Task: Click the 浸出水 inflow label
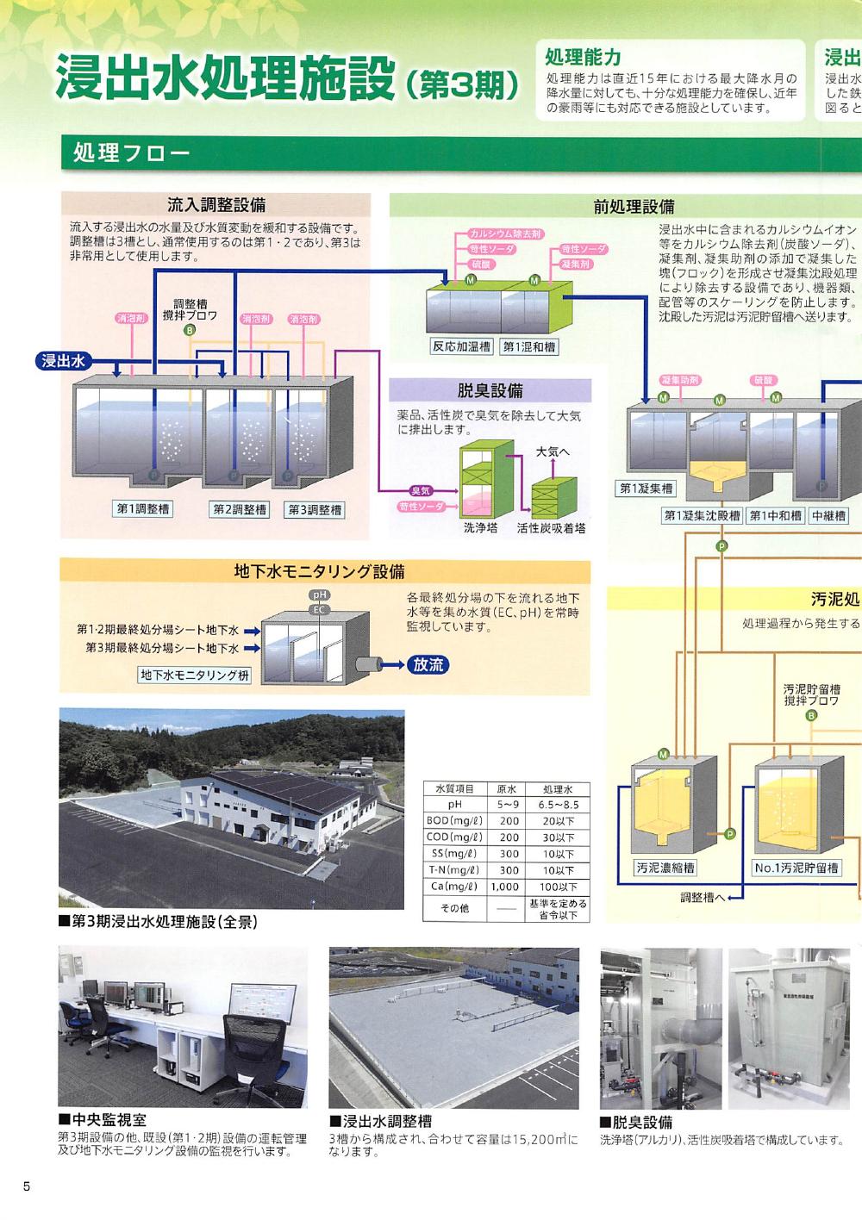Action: (63, 361)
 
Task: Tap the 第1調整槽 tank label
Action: (143, 509)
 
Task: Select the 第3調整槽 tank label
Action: (315, 510)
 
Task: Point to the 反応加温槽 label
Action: (461, 346)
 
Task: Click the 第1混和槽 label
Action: (529, 346)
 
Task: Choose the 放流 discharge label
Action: (428, 665)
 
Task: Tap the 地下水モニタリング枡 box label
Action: (195, 675)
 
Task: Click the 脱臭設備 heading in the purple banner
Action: (490, 390)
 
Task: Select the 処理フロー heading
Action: (131, 153)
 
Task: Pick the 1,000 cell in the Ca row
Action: (505, 887)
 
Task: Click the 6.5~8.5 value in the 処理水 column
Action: (559, 805)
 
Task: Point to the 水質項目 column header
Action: (455, 788)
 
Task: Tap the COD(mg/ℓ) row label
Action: (455, 837)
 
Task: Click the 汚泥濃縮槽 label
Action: (665, 868)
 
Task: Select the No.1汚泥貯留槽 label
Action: (796, 868)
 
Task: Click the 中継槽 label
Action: (828, 515)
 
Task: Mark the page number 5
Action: (27, 1186)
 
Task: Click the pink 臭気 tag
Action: (420, 491)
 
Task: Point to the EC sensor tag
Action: (320, 609)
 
